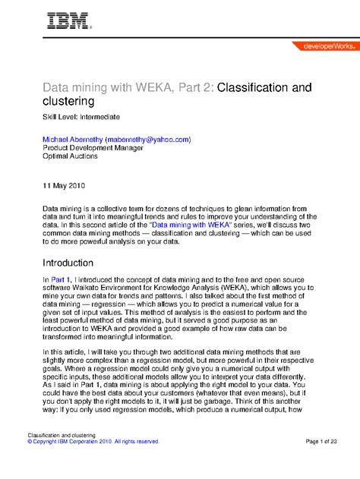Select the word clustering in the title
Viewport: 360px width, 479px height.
point(68,102)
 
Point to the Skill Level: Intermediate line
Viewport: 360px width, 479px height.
point(80,118)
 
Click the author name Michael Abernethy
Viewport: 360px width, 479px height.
point(72,140)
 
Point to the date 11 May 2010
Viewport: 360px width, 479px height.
point(63,184)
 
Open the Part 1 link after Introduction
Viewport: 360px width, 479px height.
point(61,281)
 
